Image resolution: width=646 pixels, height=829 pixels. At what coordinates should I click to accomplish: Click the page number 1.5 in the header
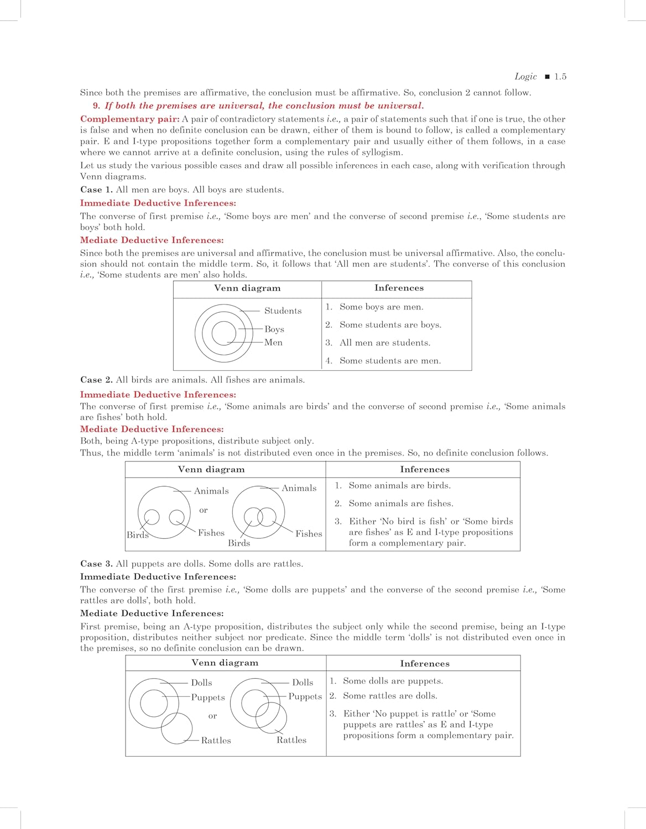coord(560,77)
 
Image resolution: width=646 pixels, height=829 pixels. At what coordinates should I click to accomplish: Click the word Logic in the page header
coord(525,77)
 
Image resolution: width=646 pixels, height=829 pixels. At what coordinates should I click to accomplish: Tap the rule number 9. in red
coord(97,106)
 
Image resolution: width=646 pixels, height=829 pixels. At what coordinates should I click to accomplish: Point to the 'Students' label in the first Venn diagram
coord(283,311)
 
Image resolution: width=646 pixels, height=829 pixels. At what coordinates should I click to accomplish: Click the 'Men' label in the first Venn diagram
coord(273,343)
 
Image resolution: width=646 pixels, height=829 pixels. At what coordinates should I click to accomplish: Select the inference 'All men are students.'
coord(384,343)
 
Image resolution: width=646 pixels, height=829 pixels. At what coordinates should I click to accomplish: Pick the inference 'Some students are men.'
coord(390,361)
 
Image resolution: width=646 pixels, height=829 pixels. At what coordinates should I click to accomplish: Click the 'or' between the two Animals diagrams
coord(204,510)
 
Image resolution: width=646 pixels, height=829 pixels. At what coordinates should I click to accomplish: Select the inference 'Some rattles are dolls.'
coord(389,696)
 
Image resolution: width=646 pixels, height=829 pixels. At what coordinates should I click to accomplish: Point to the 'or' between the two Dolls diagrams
coord(212,716)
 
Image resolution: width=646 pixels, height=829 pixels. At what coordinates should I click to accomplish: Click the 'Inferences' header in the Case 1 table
coord(399,288)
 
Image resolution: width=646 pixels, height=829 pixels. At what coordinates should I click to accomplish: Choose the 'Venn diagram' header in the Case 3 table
coord(225,663)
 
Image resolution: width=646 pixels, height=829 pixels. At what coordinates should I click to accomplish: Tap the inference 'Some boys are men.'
coord(381,307)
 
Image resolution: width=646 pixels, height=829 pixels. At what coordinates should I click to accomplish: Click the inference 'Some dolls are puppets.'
coord(393,681)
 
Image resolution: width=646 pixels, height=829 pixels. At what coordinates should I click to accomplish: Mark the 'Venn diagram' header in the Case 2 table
coord(211,469)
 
